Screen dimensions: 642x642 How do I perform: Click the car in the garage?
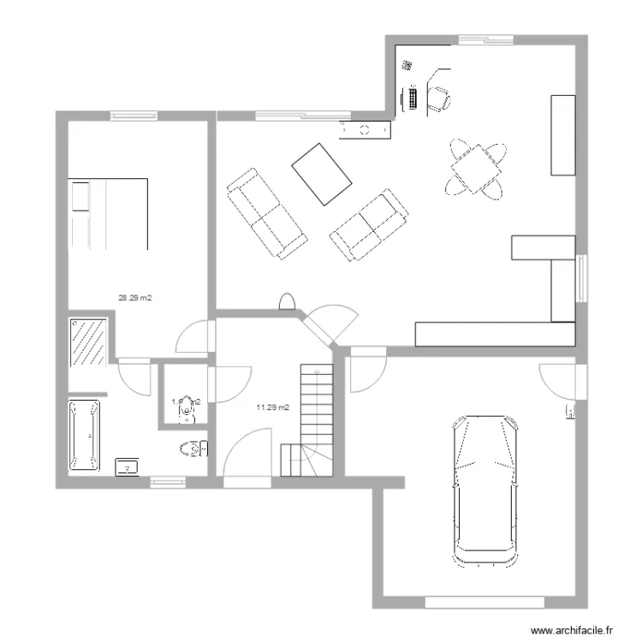coord(485,491)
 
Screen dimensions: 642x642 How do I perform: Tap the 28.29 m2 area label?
coord(135,299)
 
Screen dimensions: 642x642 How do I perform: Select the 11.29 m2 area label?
coord(272,407)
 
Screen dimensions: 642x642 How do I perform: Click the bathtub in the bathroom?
coord(85,437)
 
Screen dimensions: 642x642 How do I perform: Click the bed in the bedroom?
coord(109,213)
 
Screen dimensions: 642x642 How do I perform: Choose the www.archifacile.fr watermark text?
coord(574,630)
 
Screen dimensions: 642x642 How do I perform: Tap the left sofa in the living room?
coord(266,213)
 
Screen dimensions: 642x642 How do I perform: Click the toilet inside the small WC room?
coord(186,413)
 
